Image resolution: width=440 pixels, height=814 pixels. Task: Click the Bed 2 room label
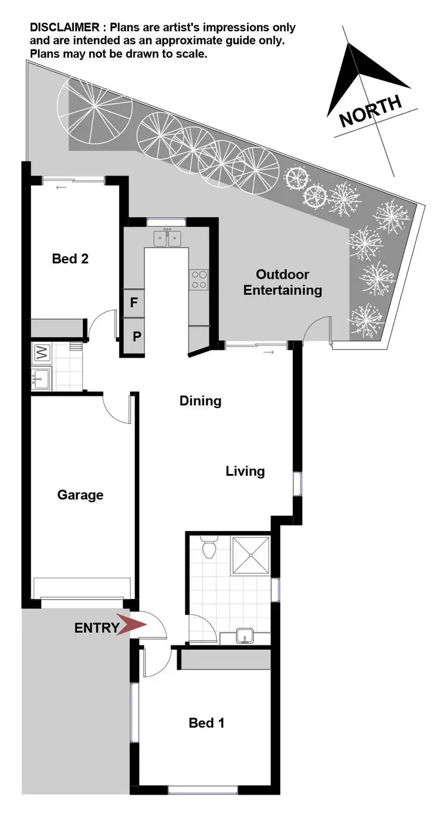70,258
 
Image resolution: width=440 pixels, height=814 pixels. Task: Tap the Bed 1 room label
207,723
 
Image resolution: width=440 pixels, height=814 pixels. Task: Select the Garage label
80,495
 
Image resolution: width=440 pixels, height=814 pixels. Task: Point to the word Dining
201,401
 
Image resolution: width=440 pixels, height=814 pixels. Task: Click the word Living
245,471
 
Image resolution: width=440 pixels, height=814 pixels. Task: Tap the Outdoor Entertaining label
283,282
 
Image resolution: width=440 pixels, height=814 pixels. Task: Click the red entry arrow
131,625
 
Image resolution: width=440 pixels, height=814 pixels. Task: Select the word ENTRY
96,628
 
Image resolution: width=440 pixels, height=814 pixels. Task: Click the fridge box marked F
134,303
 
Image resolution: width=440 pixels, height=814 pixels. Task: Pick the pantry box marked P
136,337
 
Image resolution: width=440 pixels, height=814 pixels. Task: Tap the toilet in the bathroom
208,549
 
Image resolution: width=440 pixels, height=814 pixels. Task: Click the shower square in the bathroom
251,554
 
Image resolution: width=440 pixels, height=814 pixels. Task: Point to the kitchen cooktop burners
199,278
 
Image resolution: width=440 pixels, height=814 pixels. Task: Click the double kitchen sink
167,238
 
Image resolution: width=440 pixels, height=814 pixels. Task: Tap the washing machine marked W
42,353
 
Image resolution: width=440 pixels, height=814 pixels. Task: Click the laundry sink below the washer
41,378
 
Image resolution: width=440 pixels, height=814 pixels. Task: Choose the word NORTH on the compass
371,110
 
